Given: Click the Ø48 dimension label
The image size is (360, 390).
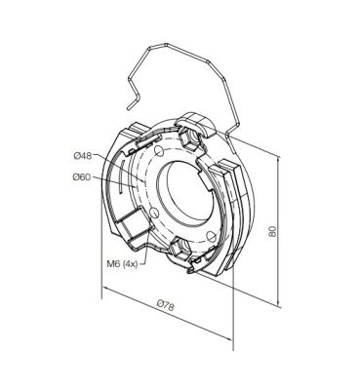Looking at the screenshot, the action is click(83, 156).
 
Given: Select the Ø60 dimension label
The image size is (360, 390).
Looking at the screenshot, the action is click(82, 177).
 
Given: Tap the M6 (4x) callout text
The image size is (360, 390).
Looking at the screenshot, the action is click(122, 264).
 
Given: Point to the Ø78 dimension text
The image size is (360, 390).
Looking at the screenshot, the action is click(165, 305).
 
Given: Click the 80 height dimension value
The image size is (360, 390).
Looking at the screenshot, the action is click(272, 231).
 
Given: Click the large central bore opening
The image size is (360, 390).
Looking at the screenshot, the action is click(187, 192).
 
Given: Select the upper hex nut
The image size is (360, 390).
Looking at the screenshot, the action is click(189, 138).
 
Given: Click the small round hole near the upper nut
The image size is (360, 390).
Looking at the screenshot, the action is click(159, 150).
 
